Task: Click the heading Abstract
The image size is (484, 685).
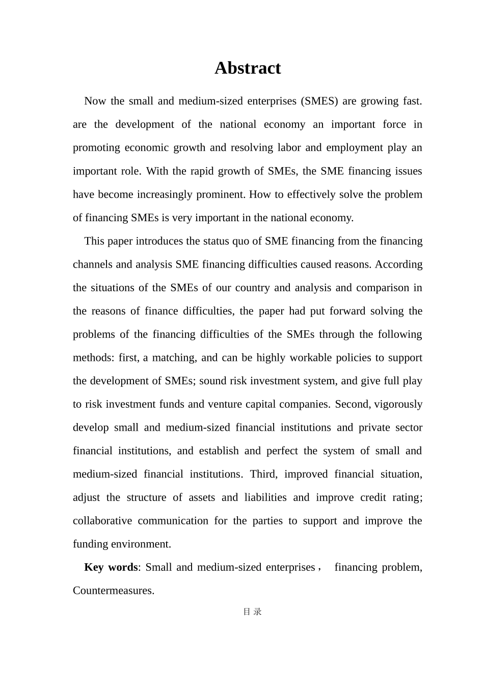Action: coord(247,68)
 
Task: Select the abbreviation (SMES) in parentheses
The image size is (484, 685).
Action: coord(319,101)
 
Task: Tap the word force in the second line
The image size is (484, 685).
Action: coord(394,124)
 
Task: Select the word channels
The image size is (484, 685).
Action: coord(92,265)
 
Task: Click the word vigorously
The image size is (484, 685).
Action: coord(399,404)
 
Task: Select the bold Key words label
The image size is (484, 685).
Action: coord(111,567)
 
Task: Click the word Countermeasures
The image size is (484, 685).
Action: coord(113,591)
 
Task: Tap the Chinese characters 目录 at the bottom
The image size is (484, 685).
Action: coord(252,612)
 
